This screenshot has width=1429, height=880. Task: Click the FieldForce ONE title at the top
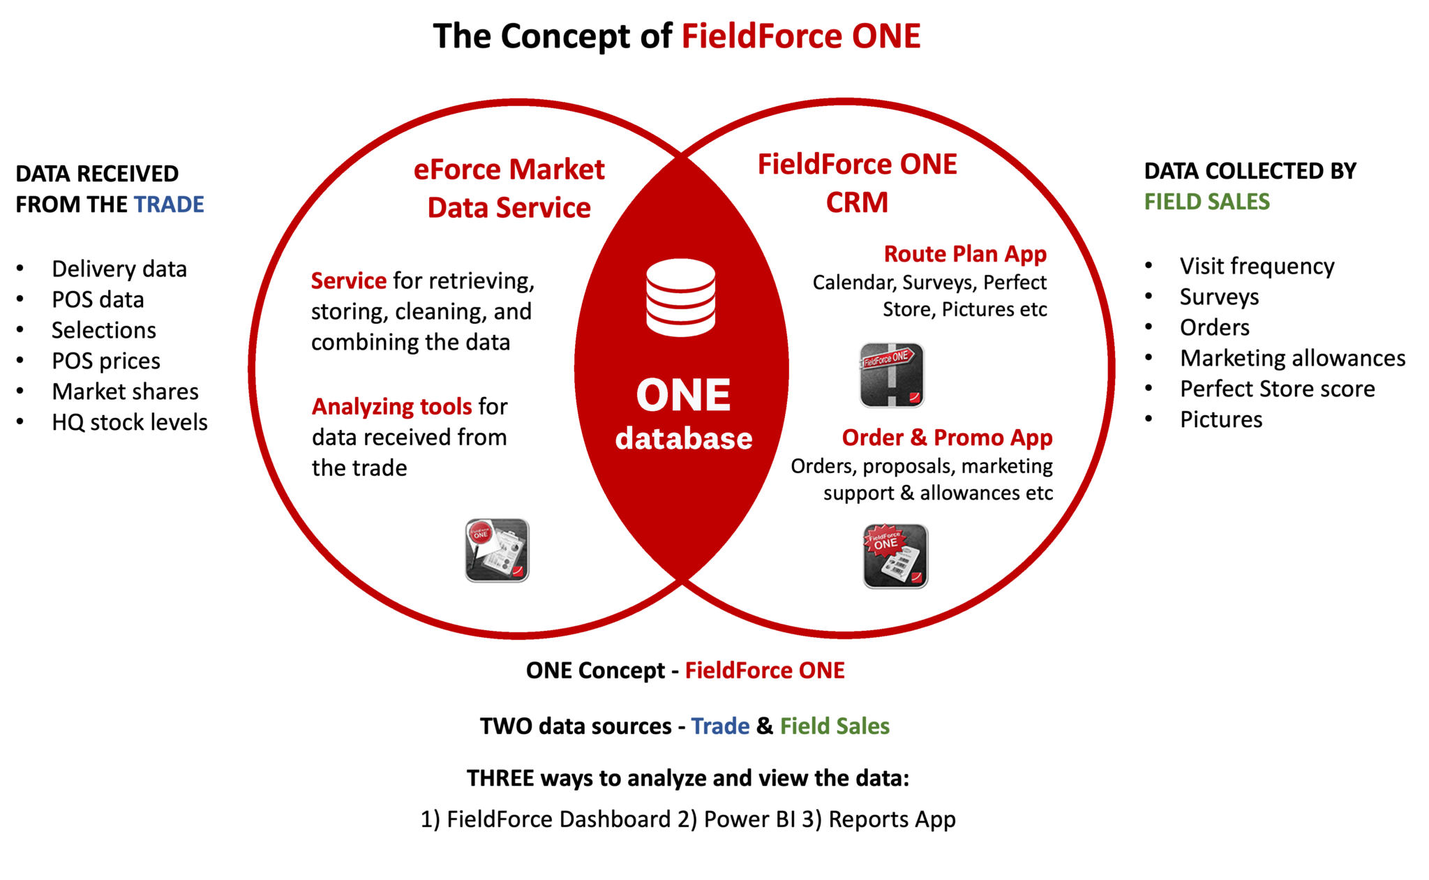801,36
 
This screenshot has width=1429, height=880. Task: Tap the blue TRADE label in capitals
169,204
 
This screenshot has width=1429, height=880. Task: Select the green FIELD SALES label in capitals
1207,202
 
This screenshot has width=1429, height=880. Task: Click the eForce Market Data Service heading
509,188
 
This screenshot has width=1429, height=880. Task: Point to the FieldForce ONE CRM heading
858,184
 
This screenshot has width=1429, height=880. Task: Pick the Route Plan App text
966,254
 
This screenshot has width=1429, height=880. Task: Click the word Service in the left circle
349,281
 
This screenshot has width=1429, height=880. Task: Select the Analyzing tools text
391,407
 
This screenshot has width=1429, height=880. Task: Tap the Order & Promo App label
947,438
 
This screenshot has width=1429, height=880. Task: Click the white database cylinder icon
680,298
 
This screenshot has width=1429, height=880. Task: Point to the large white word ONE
683,396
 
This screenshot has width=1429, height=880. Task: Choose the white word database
684,439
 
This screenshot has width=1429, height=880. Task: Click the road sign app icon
892,375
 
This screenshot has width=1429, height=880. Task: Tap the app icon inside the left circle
497,550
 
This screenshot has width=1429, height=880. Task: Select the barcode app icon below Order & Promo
895,556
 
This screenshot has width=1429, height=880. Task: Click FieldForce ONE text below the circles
765,671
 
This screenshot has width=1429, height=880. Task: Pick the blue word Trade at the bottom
720,726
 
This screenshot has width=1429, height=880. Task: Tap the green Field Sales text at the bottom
835,726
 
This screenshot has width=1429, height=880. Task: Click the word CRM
858,203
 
